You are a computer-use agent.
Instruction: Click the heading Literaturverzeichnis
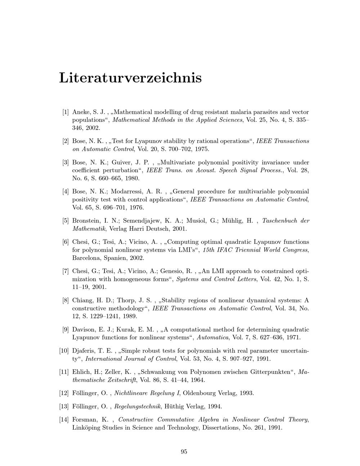(x=130, y=78)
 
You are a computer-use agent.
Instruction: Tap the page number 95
(x=184, y=452)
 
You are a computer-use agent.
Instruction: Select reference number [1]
(x=66, y=112)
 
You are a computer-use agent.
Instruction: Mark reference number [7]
(x=66, y=271)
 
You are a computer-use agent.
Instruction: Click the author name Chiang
(x=83, y=300)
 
